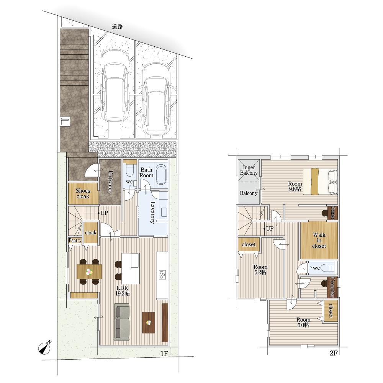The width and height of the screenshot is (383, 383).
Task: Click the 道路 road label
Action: pos(118,27)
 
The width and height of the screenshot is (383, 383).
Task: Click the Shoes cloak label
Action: pos(83,193)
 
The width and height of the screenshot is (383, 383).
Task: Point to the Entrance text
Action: pos(110,182)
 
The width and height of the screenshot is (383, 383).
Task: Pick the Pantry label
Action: pos(75,241)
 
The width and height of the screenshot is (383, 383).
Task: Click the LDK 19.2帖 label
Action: pos(123,291)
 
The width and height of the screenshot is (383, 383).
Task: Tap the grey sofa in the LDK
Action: pos(121,322)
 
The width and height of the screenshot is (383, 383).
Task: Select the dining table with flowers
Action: pos(89,272)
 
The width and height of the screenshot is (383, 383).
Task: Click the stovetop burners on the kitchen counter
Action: pos(162,275)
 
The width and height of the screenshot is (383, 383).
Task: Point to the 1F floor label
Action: pos(164,354)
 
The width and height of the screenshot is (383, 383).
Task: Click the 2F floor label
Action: pos(334,353)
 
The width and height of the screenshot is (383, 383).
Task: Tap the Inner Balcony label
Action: pos(249,170)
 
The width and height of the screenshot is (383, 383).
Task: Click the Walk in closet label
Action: pos(319,241)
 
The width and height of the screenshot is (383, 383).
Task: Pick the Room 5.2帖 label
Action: pos(260,270)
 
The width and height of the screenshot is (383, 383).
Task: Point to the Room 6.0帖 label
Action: pos(303,322)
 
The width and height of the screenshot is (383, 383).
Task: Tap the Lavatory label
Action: pos(152,212)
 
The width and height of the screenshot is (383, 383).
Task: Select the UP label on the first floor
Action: pos(104,213)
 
